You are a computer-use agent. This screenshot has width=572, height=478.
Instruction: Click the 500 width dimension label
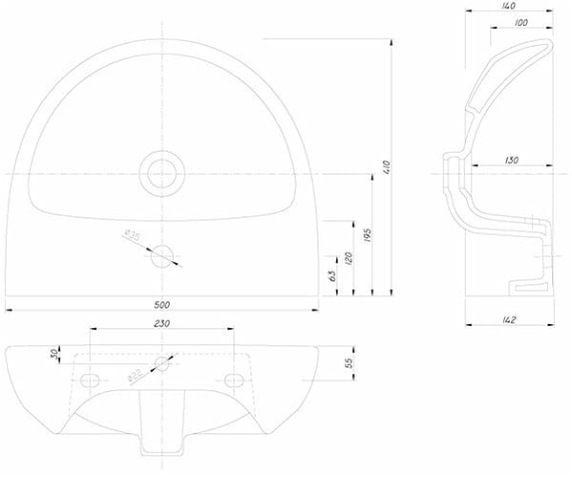tap(162, 305)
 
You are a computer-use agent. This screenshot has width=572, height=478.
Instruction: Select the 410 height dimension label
tap(387, 167)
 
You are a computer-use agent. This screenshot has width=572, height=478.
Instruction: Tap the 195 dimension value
tap(368, 235)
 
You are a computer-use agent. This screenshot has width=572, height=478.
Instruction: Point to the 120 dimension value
tap(349, 258)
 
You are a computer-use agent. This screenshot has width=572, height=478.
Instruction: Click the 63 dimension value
tap(332, 276)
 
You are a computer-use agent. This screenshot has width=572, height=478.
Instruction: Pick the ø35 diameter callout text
tap(132, 235)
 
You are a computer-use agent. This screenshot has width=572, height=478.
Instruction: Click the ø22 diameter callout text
tap(135, 376)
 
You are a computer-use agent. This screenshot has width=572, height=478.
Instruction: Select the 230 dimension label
tap(162, 323)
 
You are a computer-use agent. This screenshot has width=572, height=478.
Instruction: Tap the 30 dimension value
tap(54, 354)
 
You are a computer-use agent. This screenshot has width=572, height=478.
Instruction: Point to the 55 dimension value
tap(350, 362)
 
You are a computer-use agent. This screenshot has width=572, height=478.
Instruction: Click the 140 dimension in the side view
tap(509, 6)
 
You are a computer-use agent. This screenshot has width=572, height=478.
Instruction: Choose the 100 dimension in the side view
tap(521, 22)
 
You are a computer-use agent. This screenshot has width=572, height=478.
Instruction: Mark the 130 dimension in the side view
tap(512, 160)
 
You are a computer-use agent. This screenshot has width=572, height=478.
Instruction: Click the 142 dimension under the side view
tap(509, 320)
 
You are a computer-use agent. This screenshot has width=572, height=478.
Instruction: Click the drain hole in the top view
tap(162, 174)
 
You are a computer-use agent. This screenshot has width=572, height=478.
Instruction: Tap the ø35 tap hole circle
tap(162, 256)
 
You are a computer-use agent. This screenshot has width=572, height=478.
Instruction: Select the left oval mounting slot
tap(90, 380)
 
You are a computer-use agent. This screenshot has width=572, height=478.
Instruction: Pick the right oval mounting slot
tap(234, 380)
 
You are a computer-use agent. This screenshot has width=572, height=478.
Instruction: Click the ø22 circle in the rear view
tap(162, 363)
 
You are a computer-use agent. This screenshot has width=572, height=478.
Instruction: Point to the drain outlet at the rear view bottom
tap(162, 423)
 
